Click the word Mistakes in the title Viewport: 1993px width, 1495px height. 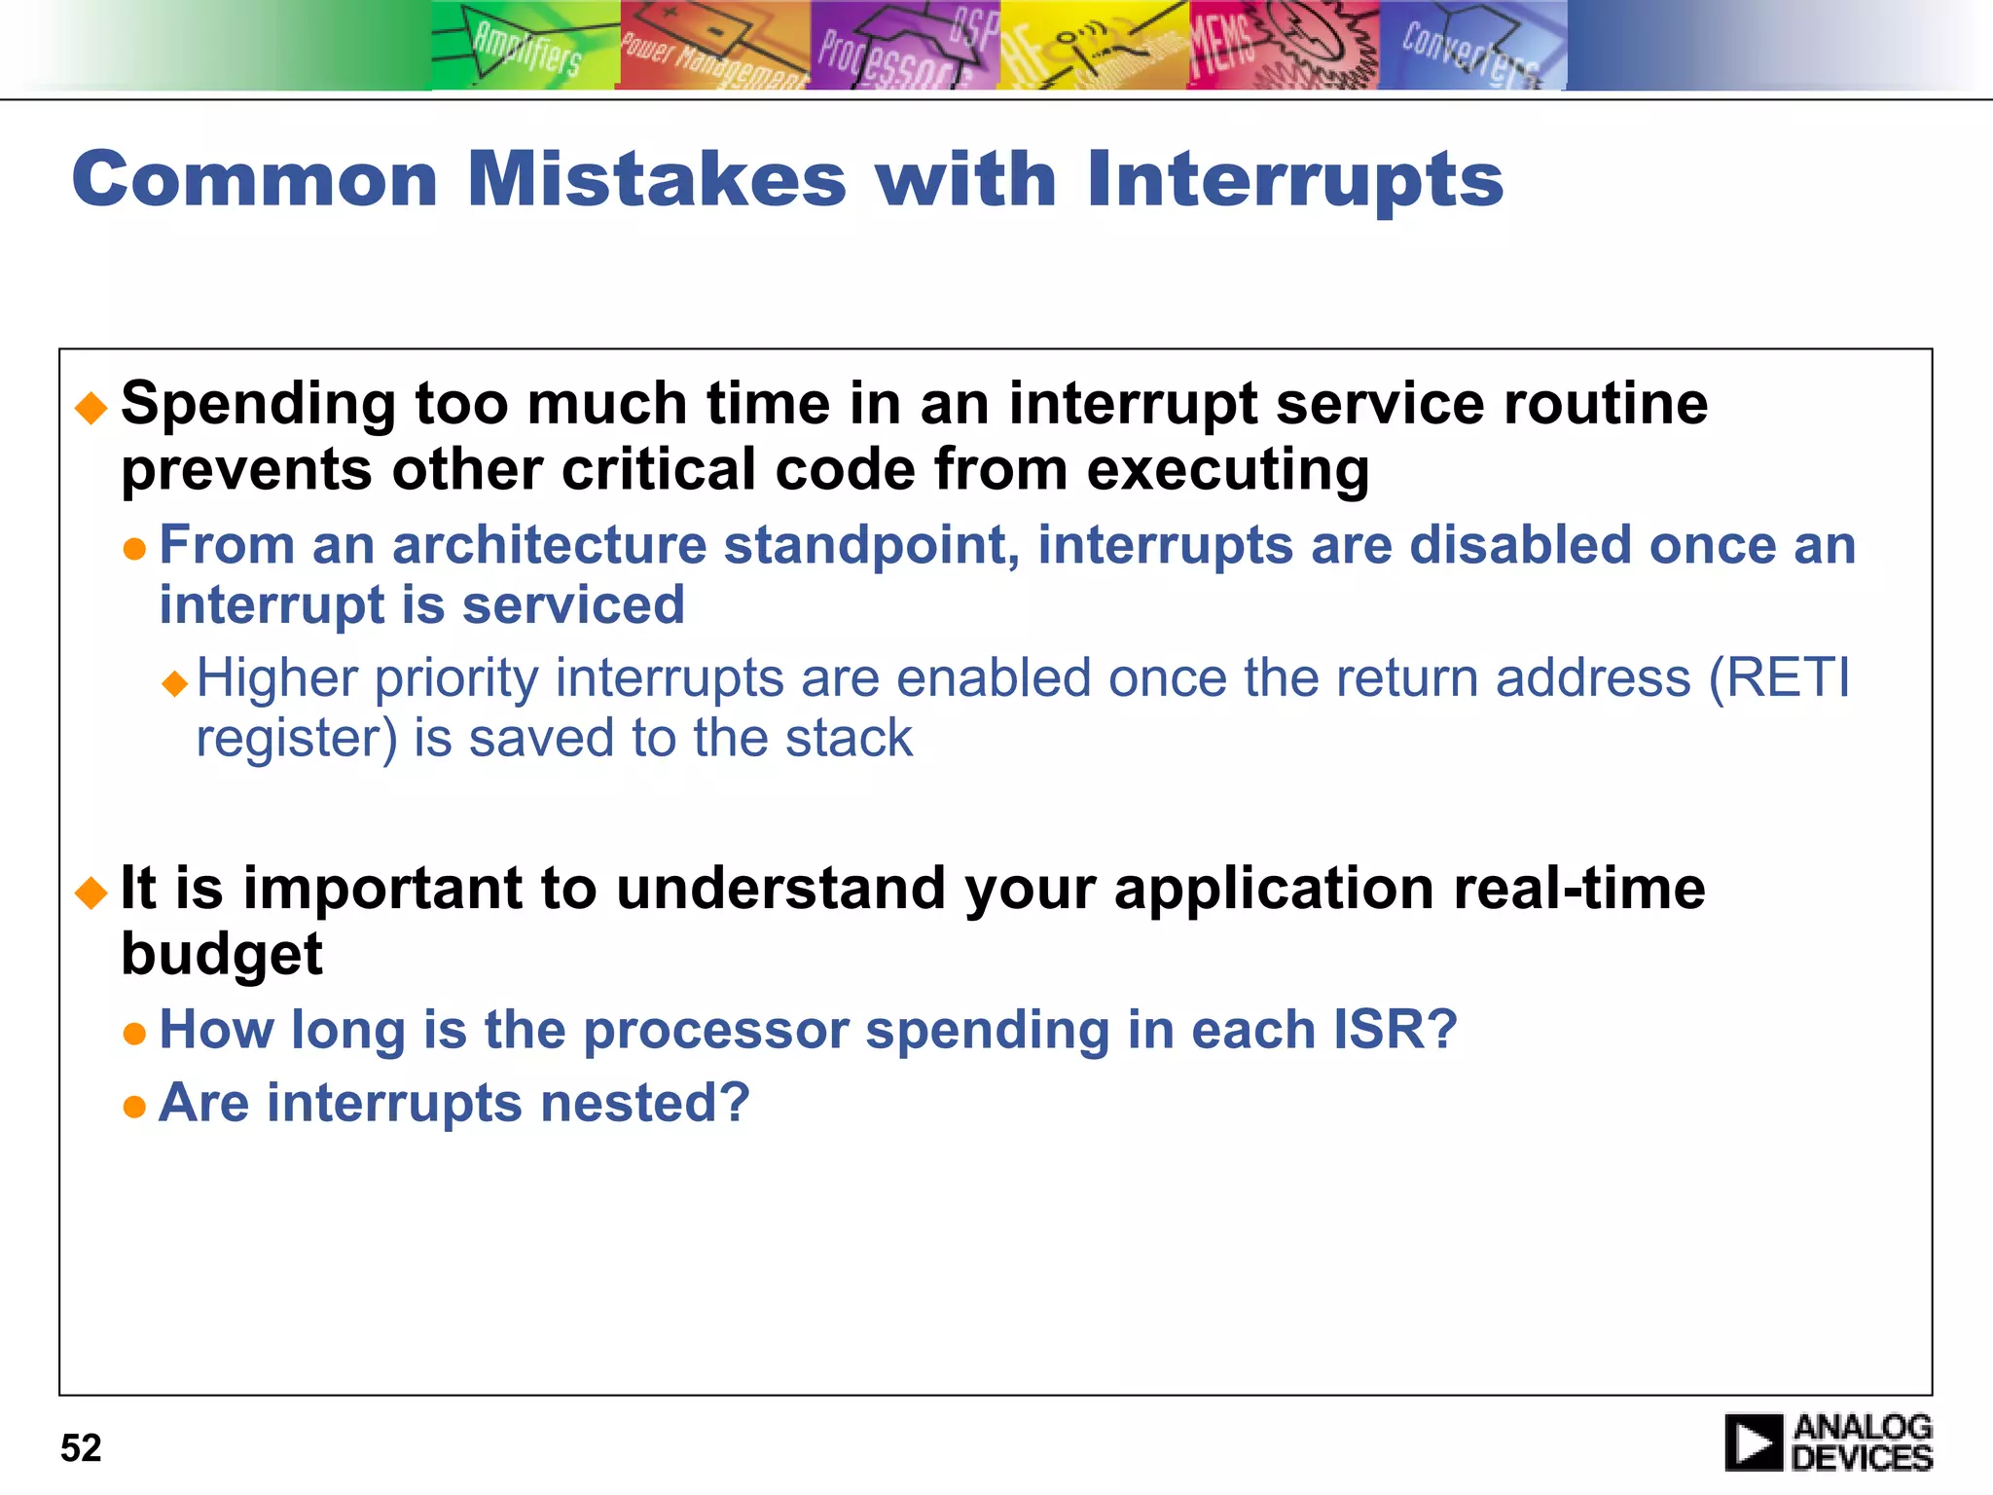point(657,180)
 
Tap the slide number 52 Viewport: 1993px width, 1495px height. point(81,1447)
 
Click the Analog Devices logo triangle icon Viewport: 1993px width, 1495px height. point(1754,1442)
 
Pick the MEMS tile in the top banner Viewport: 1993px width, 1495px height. point(1283,46)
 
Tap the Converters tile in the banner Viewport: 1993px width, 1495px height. point(1471,46)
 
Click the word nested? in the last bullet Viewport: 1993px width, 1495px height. point(644,1103)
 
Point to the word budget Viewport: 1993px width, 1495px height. point(221,954)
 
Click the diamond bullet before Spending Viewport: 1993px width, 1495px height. point(91,408)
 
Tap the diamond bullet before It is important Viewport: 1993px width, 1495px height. point(91,892)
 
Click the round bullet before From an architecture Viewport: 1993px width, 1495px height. point(134,549)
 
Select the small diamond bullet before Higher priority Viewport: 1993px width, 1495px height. point(175,682)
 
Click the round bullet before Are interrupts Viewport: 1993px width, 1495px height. point(134,1107)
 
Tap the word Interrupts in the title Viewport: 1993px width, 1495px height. point(1294,180)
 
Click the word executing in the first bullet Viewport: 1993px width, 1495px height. point(1227,470)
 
